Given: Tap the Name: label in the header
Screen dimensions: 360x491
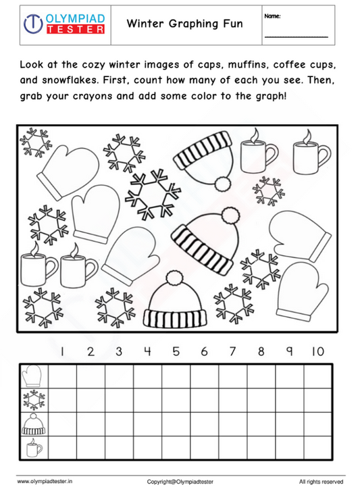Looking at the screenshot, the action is [x=273, y=16].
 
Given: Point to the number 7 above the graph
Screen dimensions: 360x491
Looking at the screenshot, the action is [x=232, y=351].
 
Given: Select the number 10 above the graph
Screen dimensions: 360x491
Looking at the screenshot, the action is [x=317, y=351].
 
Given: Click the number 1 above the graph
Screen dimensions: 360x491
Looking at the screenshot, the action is [x=61, y=351].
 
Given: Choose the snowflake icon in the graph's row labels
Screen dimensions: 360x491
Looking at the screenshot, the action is [x=33, y=400].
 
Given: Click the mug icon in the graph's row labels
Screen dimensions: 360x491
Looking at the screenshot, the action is [x=33, y=447].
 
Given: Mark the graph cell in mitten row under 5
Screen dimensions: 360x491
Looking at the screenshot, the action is [x=176, y=377].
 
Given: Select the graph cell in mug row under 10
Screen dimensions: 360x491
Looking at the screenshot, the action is [x=317, y=447].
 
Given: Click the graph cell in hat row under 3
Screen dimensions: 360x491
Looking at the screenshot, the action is [x=119, y=423].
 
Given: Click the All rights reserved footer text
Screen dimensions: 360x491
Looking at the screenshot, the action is [x=321, y=481].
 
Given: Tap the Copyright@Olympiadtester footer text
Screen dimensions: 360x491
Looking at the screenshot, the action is [x=180, y=481].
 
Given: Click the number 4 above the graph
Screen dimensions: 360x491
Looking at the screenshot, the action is [x=147, y=351].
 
